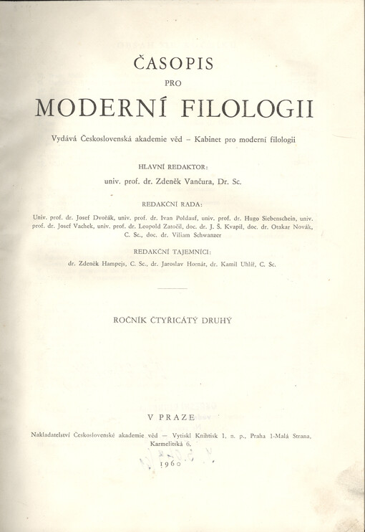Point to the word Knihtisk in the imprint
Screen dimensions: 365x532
click(205, 436)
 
